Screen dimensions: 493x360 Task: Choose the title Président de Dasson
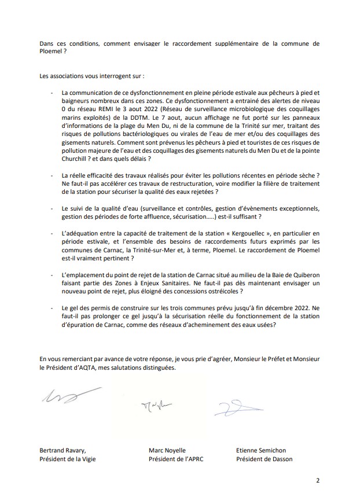pyautogui.click(x=265, y=459)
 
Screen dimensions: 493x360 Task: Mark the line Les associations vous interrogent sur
pyautogui.click(x=84, y=75)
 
